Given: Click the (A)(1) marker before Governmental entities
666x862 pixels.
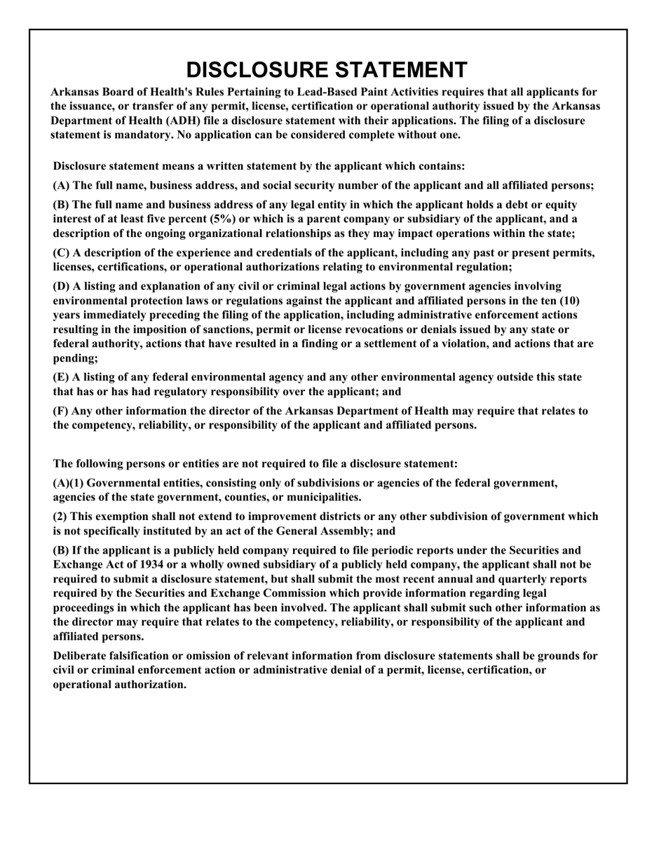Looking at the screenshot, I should pos(69,483).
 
